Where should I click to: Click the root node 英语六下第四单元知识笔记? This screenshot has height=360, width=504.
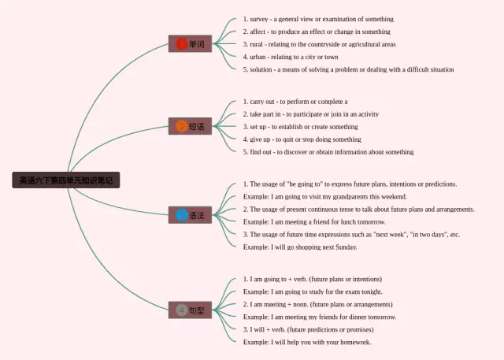[66, 180]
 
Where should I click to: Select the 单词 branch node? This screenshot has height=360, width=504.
[191, 44]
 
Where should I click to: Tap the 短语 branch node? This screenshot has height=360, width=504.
[191, 126]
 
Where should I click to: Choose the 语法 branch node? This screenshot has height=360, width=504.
[191, 215]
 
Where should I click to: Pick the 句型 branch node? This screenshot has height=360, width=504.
[191, 310]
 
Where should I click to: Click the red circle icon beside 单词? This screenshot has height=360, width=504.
[182, 44]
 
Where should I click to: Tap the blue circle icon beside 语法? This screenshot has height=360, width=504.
[182, 215]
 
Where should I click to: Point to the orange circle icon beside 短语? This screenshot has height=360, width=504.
[182, 126]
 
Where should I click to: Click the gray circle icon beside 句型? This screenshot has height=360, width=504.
[182, 310]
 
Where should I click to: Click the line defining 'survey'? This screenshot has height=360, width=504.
[318, 19]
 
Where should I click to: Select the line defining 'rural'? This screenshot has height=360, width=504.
[319, 44]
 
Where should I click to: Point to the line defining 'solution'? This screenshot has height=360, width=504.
[348, 69]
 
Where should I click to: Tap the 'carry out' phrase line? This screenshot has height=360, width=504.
[295, 102]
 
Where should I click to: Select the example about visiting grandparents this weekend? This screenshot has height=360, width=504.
[325, 196]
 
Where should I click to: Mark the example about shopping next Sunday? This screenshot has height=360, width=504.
[300, 247]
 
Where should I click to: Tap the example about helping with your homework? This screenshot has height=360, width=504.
[307, 342]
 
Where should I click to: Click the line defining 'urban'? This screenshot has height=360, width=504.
[291, 57]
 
